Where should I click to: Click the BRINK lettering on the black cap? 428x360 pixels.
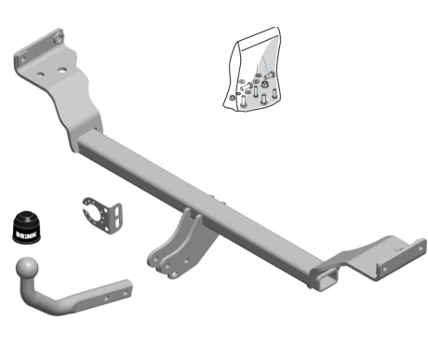[26, 234]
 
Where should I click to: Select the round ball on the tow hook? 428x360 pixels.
[27, 268]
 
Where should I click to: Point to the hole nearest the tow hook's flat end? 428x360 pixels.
[126, 292]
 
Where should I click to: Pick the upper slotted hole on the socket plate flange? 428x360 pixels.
[117, 211]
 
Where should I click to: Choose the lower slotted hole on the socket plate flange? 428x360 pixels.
[117, 222]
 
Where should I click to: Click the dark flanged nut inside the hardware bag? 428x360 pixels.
[264, 84]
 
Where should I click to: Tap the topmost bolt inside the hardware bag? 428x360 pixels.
[269, 75]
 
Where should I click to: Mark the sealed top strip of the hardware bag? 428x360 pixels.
[259, 41]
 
